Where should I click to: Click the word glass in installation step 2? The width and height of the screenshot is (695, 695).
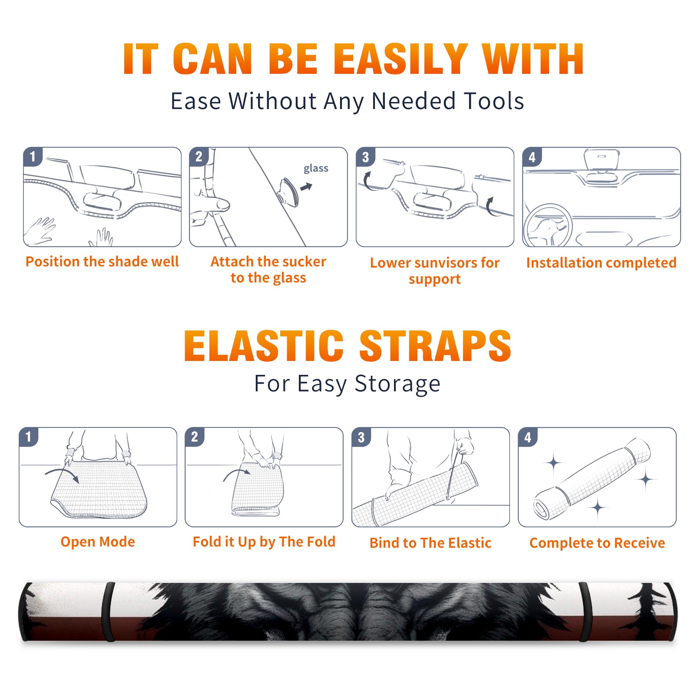(x=316, y=169)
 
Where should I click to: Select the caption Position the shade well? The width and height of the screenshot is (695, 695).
(x=102, y=261)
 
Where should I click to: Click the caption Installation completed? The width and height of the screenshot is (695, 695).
(x=601, y=262)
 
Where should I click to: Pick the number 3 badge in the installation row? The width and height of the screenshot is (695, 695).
(x=365, y=157)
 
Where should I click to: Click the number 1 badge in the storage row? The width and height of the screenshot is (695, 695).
(x=29, y=437)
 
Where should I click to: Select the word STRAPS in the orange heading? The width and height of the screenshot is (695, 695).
(x=435, y=346)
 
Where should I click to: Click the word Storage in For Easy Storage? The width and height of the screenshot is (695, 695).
(x=397, y=384)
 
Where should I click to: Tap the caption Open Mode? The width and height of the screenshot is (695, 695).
(x=98, y=542)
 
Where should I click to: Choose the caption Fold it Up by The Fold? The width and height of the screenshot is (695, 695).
(x=264, y=542)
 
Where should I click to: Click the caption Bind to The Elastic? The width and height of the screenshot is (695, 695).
(x=430, y=543)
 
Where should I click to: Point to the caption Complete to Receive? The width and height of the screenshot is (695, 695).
(x=597, y=543)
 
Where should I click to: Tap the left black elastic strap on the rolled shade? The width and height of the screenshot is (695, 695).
(x=109, y=612)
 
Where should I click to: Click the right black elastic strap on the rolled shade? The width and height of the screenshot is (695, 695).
(x=585, y=612)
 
